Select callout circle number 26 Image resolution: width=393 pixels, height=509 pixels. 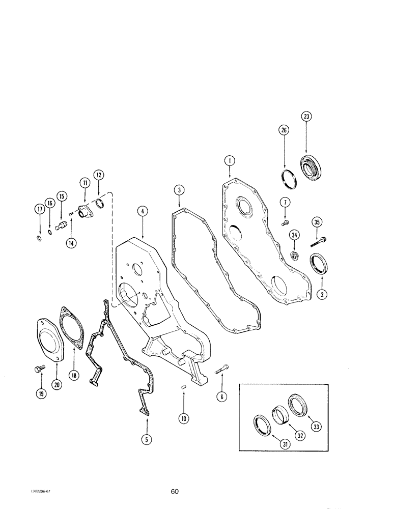[x=284, y=130]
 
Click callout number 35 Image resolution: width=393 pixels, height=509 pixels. [x=318, y=222]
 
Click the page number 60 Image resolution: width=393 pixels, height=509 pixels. [x=175, y=492]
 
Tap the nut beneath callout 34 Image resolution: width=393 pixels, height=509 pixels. [x=295, y=254]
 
